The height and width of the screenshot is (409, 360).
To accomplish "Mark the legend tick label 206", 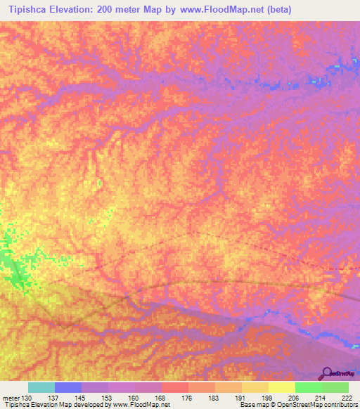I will tap(295, 398).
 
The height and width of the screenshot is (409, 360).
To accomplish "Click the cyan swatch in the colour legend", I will tap(41, 387).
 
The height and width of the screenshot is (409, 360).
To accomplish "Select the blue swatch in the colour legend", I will tap(67, 387).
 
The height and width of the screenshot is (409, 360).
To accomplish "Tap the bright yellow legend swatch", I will tap(281, 387).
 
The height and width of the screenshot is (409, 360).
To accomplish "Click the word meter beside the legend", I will tap(11, 398).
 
